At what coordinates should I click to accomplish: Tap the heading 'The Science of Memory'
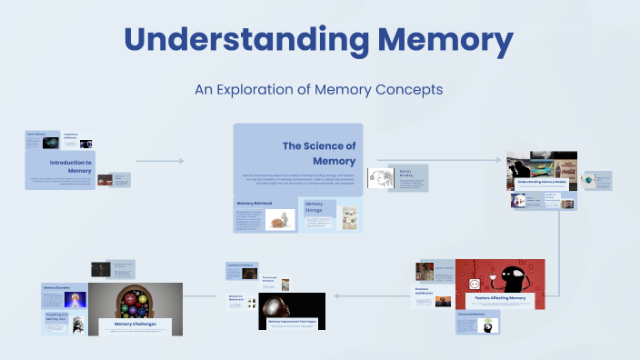click(x=318, y=153)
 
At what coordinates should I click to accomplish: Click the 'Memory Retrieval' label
click(x=255, y=204)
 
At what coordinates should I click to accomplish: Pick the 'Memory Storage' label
click(x=314, y=208)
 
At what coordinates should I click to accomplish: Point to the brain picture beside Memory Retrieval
click(x=281, y=219)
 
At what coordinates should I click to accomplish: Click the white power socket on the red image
click(x=474, y=284)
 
